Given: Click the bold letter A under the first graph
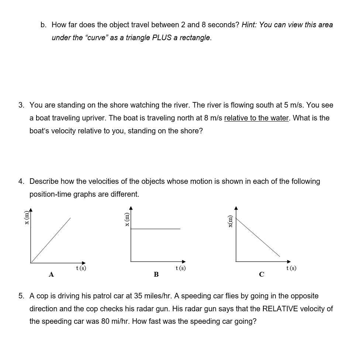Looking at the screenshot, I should pos(51,274).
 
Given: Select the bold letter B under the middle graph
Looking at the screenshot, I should pos(156,274).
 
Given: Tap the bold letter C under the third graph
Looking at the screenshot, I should pos(262,274).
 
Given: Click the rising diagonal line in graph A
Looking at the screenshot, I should pos(51,240).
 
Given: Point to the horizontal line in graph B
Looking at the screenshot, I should pos(156,229).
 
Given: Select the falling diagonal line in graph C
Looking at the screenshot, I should pos(258,238).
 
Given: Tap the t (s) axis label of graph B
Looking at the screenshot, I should pos(181,268).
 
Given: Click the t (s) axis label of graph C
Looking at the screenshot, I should pos(291,268).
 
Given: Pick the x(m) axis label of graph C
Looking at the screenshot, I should pos(231,221).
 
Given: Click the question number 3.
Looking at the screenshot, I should pos(21,105).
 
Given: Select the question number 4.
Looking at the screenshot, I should pos(21,182).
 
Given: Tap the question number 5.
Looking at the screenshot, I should pos(21,296).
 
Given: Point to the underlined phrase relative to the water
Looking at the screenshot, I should pos(256,118).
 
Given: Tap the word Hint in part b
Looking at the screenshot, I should pos(249,25).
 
